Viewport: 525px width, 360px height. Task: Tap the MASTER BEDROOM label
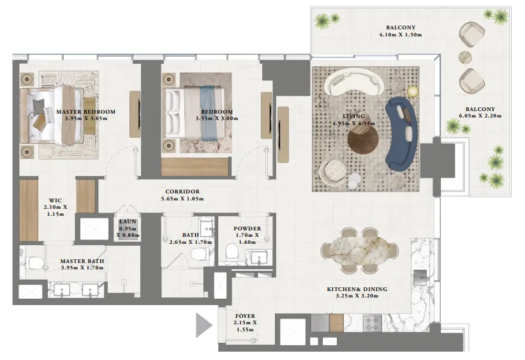click(85, 112)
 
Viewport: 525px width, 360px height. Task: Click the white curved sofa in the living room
click(352, 82)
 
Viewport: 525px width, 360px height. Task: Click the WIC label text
click(55, 199)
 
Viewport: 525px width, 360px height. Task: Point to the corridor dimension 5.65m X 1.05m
click(182, 199)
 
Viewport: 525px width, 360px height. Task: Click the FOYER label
click(245, 315)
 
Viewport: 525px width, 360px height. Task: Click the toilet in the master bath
click(34, 262)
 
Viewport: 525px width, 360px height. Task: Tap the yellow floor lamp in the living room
click(412, 91)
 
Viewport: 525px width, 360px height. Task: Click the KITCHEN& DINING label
click(357, 289)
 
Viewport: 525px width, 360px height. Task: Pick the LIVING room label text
click(353, 116)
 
